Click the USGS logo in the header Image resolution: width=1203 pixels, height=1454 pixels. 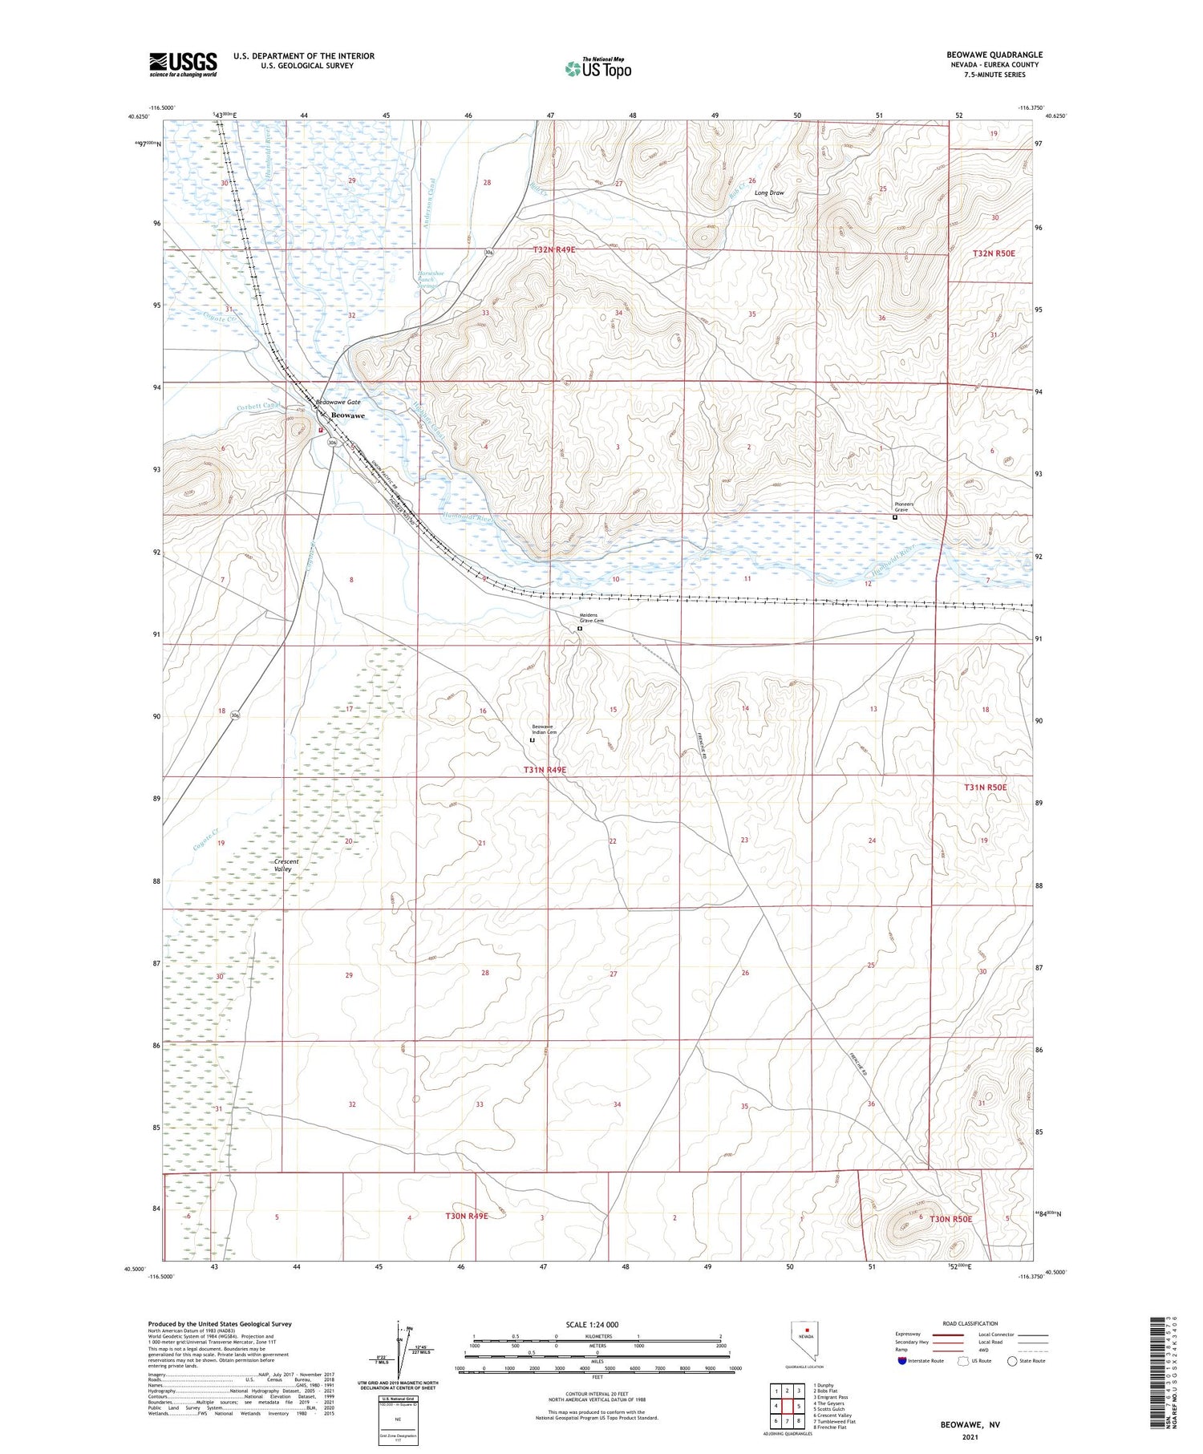(x=183, y=64)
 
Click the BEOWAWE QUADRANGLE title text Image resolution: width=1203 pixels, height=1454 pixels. (x=994, y=55)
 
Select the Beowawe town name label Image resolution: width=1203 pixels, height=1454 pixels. (x=347, y=415)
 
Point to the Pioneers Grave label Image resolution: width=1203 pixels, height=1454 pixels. (x=905, y=507)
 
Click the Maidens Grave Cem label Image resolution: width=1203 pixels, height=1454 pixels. (x=592, y=618)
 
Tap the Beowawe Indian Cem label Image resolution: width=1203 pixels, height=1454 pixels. (x=544, y=729)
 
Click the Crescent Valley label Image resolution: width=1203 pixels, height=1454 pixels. (x=286, y=865)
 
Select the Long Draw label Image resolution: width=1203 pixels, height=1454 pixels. (x=769, y=192)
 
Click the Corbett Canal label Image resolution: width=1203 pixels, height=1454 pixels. (x=256, y=407)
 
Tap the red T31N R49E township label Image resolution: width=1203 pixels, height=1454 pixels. (x=545, y=769)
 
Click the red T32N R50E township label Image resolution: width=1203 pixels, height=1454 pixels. (x=994, y=253)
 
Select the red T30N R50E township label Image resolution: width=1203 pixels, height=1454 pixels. (x=950, y=1219)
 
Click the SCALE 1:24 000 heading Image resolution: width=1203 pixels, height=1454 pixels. (x=592, y=1324)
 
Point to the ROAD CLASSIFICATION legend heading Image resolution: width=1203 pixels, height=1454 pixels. (x=970, y=1323)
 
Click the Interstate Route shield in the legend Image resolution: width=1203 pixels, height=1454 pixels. (x=902, y=1360)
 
